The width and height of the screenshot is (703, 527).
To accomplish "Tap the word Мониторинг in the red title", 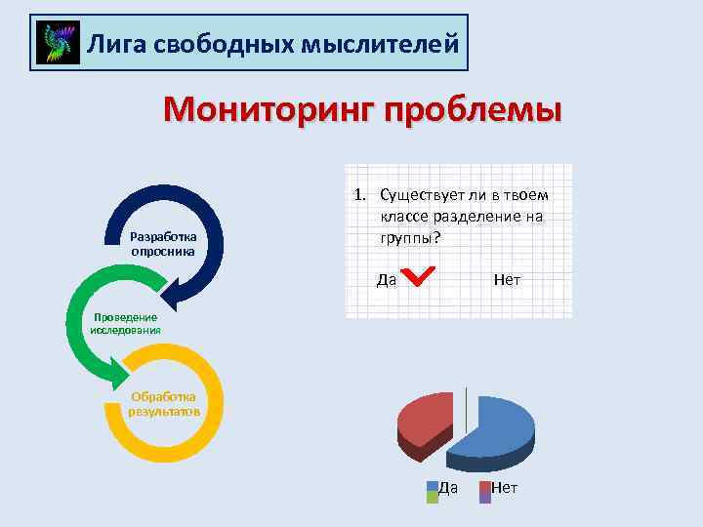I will (269, 109).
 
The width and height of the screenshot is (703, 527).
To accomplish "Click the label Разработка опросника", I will (163, 244).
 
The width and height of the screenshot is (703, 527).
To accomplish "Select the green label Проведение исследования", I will (125, 323).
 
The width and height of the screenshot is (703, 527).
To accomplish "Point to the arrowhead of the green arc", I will (121, 371).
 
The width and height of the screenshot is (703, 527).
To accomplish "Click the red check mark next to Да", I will (419, 277).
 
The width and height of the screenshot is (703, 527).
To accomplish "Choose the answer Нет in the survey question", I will (507, 280).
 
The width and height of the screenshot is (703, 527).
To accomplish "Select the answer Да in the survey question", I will (386, 280).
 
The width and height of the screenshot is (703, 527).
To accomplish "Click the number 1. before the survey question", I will (359, 195).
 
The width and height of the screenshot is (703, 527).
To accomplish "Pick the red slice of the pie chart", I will (425, 420).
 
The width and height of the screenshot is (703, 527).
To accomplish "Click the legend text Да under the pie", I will (448, 487).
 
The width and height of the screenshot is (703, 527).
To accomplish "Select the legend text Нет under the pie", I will (505, 487).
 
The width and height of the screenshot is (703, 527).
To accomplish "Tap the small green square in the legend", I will (432, 497).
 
